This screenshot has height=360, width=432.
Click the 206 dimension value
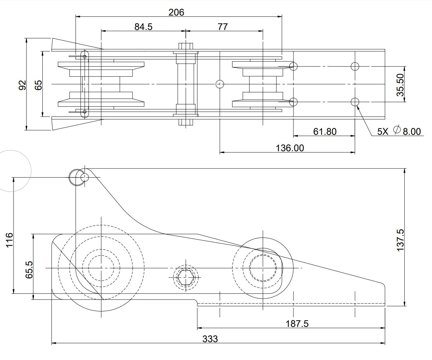pyautogui.click(x=176, y=12)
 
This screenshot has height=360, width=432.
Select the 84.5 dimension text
pyautogui.click(x=143, y=27)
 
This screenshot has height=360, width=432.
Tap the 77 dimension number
pyautogui.click(x=223, y=27)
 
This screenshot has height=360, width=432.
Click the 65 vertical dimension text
pyautogui.click(x=38, y=85)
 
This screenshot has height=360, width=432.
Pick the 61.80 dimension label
pyautogui.click(x=325, y=132)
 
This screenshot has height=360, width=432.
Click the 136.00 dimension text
pyautogui.click(x=290, y=148)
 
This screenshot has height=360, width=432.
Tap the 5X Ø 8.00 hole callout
pyautogui.click(x=399, y=131)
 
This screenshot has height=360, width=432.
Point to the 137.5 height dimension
pyautogui.click(x=401, y=240)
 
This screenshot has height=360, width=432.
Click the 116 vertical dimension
pyautogui.click(x=9, y=240)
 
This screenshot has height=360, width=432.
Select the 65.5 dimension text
pyautogui.click(x=29, y=270)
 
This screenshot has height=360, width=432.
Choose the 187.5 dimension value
pyautogui.click(x=297, y=324)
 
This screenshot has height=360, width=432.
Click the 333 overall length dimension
pyautogui.click(x=210, y=339)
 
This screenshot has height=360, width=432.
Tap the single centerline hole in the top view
pyautogui.click(x=220, y=84)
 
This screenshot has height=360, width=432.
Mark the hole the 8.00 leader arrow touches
pyautogui.click(x=355, y=102)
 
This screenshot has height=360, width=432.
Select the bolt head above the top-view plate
pyautogui.click(x=186, y=46)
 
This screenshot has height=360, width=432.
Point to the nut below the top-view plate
pyautogui.click(x=186, y=122)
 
